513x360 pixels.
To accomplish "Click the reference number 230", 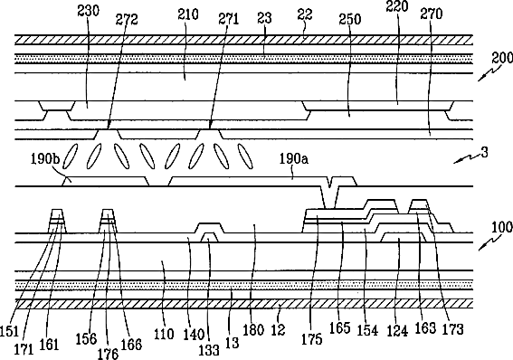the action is (88, 11).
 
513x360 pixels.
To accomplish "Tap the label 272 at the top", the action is (127, 20).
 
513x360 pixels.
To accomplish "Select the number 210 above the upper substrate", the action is (188, 14).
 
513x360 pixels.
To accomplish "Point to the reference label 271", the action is (228, 19).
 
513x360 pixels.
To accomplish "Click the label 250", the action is (350, 19).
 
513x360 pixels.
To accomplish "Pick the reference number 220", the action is (397, 6).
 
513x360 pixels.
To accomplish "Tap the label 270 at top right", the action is (432, 14).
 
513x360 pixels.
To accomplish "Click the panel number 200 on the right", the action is (502, 58).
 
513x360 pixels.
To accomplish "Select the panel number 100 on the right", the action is (502, 227).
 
